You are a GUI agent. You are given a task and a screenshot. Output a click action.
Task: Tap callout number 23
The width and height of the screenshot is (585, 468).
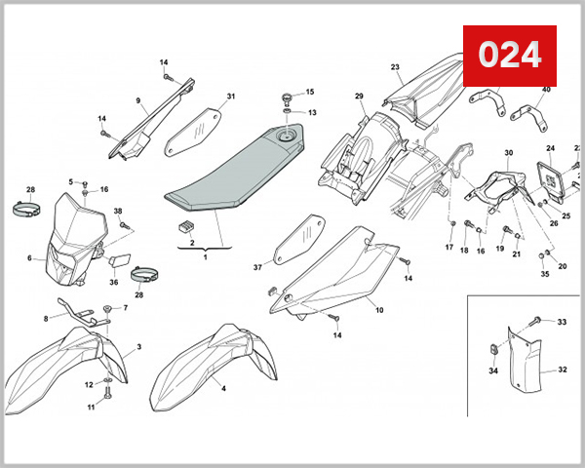(396, 67)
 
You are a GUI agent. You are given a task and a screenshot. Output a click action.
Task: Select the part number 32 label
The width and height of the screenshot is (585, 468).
(563, 370)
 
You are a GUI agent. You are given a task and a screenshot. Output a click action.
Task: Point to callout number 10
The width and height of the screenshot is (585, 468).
(379, 310)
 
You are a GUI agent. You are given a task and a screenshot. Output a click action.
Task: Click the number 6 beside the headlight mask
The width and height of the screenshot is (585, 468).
(30, 258)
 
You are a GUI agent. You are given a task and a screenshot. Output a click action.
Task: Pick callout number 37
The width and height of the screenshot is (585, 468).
(258, 267)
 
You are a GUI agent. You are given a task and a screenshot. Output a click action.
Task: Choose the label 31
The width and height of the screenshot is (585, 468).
(231, 97)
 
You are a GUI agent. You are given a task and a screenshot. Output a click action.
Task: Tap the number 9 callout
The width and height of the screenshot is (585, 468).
(138, 100)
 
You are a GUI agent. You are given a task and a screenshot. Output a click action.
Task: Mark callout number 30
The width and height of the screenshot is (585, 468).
(508, 153)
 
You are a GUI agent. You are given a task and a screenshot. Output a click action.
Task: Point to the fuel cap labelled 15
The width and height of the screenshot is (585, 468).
(286, 97)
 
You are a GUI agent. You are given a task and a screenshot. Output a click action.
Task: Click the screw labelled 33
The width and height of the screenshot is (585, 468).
(536, 321)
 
